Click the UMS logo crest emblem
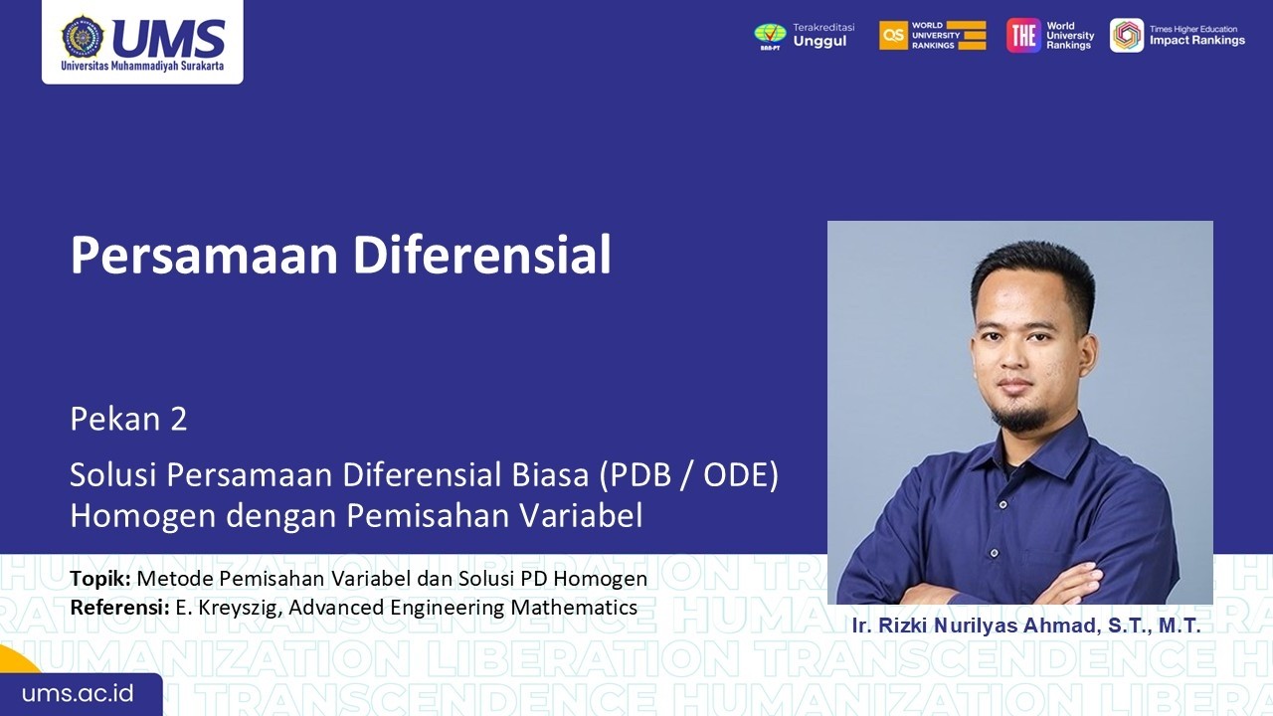coord(83,37)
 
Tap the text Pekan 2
coord(128,420)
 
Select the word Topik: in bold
coord(100,579)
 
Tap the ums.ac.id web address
coord(78,693)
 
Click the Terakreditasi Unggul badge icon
coord(770,35)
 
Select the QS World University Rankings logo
coord(894,35)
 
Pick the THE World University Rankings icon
coord(1023,35)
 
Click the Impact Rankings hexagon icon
coord(1127,35)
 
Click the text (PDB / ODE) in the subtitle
coord(687,475)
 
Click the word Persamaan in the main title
coord(203,256)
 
